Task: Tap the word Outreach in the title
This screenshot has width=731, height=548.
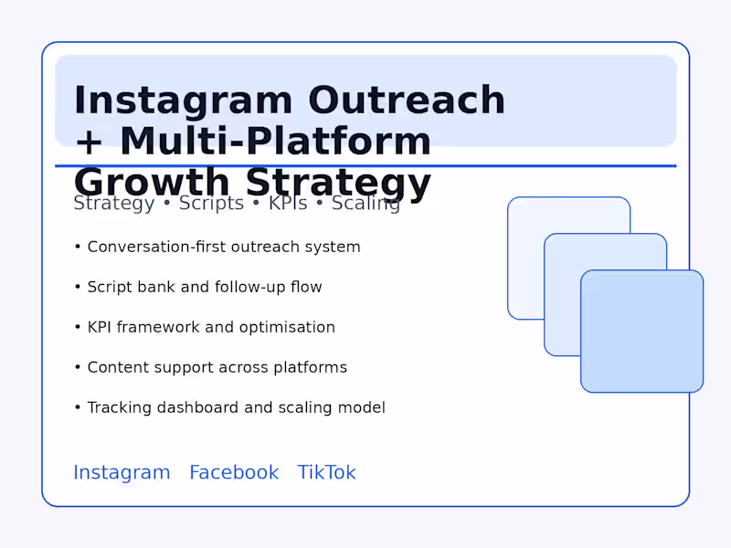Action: pyautogui.click(x=407, y=100)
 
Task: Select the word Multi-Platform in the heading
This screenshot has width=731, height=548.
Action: pyautogui.click(x=275, y=142)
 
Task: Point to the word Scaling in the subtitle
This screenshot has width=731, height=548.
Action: pyautogui.click(x=365, y=204)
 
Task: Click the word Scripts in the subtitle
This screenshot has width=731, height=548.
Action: pyautogui.click(x=211, y=204)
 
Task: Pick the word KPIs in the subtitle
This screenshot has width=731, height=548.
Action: pyautogui.click(x=287, y=204)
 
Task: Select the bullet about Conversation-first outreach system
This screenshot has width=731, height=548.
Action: pyautogui.click(x=224, y=247)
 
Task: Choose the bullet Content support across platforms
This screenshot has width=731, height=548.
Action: pyautogui.click(x=217, y=367)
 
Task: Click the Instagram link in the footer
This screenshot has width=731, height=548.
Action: pyautogui.click(x=122, y=472)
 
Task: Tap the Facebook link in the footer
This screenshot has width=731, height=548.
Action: pyautogui.click(x=234, y=472)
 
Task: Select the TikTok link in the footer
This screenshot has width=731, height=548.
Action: pyautogui.click(x=326, y=472)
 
